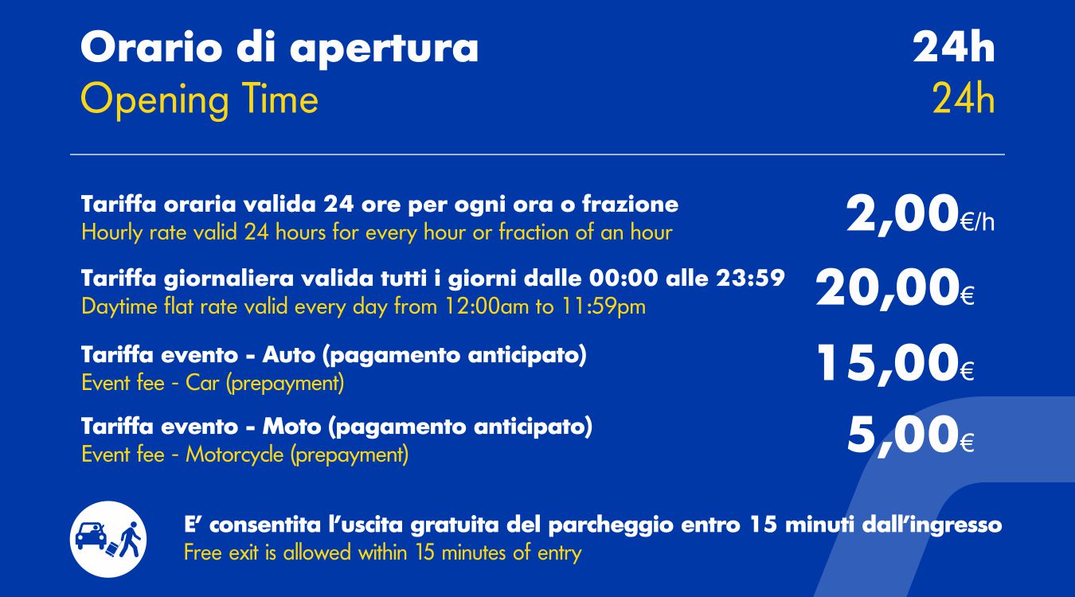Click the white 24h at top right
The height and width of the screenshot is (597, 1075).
point(954,47)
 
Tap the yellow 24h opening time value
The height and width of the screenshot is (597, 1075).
point(964,99)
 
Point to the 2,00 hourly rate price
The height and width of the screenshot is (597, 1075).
point(902,214)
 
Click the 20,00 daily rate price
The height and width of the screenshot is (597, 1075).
point(887,288)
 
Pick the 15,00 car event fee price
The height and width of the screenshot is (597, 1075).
point(888,364)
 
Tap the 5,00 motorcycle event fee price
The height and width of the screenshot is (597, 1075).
point(903,435)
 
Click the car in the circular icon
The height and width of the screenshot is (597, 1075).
point(92,536)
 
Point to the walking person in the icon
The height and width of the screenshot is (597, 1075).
point(131,540)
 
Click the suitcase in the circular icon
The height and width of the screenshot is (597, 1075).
point(111,549)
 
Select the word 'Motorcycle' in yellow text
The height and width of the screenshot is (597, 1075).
point(235,455)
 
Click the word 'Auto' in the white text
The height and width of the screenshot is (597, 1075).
point(289,355)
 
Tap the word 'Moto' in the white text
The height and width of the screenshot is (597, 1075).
point(291,426)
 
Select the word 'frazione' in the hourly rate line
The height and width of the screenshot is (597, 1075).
point(630,205)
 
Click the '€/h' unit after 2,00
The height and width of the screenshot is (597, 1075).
point(978,223)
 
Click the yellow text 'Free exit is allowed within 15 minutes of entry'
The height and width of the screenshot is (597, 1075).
point(382,552)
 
